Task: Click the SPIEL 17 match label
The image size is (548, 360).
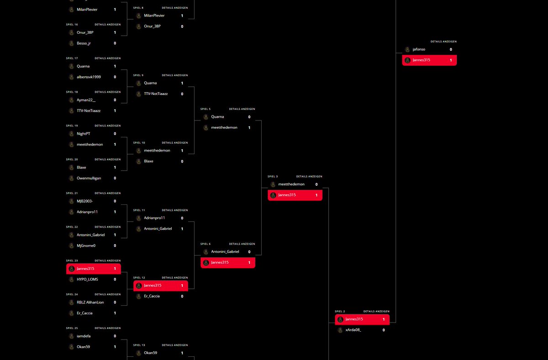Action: (x=72, y=58)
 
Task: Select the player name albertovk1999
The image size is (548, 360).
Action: (x=89, y=77)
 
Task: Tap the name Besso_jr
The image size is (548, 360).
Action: (x=84, y=43)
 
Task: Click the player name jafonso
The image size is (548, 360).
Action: (x=419, y=49)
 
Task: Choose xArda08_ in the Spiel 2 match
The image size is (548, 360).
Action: (x=353, y=330)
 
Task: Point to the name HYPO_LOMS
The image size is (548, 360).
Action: (x=87, y=279)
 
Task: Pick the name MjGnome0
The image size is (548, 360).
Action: (x=87, y=245)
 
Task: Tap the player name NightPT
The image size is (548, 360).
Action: (x=84, y=134)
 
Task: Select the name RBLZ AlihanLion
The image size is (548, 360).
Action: (x=90, y=302)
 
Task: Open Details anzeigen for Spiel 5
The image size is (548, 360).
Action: (x=242, y=109)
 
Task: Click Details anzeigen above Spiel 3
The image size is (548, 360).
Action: (x=309, y=177)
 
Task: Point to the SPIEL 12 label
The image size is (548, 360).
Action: (x=139, y=277)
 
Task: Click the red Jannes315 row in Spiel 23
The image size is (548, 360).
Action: (x=94, y=269)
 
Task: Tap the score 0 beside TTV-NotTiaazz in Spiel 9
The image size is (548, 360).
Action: (x=182, y=94)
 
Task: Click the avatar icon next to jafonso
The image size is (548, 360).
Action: (x=407, y=49)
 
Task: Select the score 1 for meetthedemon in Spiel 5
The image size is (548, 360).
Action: (x=249, y=128)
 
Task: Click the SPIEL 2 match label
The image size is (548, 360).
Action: (x=340, y=311)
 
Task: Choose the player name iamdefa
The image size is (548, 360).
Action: (x=84, y=336)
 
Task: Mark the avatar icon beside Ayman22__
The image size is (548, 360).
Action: (x=71, y=100)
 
